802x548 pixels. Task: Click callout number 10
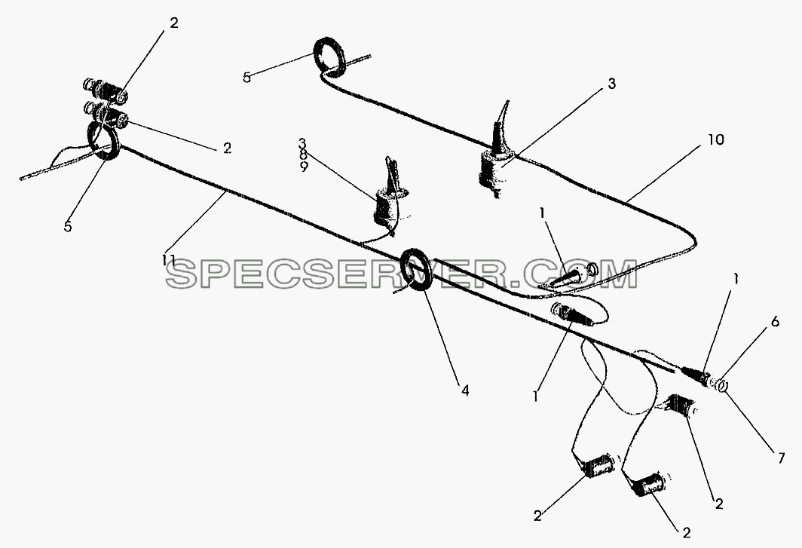pos(716,139)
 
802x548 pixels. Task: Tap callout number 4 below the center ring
pos(464,390)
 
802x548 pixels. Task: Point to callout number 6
pos(775,322)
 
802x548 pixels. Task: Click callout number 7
pos(781,458)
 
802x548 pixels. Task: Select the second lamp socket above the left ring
pos(106,114)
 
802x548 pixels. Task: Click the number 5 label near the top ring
pos(246,78)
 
